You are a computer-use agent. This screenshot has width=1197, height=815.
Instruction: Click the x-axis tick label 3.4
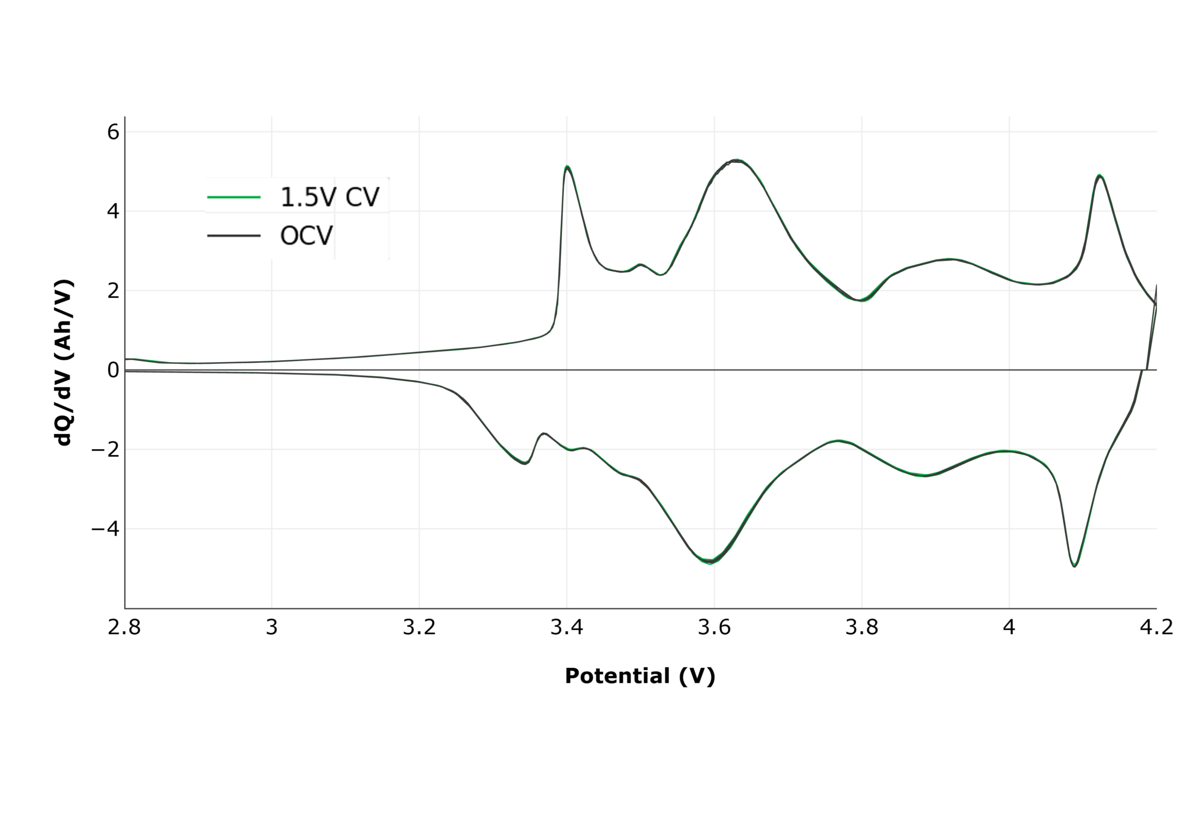[567, 627]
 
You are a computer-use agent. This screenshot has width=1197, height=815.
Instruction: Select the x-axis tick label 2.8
[124, 627]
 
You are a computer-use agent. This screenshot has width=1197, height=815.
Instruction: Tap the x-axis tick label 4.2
[1156, 627]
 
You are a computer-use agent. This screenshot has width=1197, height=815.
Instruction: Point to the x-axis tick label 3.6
[714, 627]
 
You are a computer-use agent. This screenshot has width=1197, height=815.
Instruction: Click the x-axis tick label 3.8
[862, 627]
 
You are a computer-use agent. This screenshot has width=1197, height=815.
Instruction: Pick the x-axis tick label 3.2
[419, 627]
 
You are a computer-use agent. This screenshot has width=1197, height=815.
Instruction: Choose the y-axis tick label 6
[113, 132]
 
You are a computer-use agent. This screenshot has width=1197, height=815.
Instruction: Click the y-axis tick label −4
[105, 529]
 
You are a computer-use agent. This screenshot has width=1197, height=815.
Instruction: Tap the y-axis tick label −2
[105, 450]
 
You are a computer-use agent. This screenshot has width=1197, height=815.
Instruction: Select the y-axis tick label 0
[113, 370]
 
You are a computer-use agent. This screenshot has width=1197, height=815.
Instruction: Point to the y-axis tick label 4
[113, 211]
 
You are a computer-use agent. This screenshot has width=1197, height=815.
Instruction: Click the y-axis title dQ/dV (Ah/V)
[64, 363]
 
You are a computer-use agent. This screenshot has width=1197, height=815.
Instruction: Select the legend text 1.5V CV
[330, 197]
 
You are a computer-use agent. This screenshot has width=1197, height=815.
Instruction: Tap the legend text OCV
[306, 236]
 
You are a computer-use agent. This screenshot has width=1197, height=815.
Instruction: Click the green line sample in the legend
[234, 197]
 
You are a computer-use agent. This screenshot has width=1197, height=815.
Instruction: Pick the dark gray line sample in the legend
[234, 236]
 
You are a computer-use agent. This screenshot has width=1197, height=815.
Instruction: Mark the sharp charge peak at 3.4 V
[567, 167]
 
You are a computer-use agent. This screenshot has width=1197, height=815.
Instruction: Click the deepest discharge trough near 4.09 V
[1074, 566]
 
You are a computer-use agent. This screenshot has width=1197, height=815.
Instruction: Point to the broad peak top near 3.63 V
[736, 161]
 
